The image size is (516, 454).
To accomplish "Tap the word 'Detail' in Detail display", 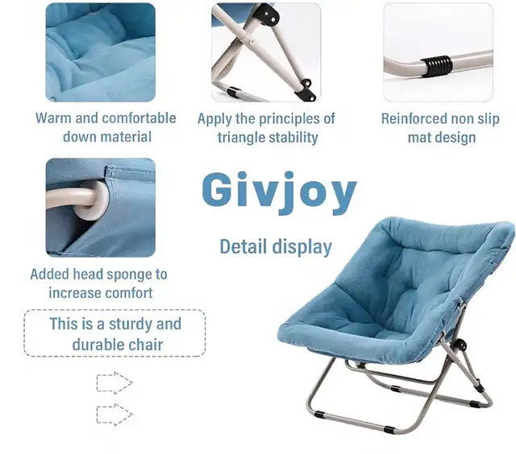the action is pyautogui.click(x=243, y=246).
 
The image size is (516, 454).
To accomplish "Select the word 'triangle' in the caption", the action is pyautogui.click(x=245, y=138).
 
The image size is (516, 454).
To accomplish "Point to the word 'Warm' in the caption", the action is pyautogui.click(x=53, y=118).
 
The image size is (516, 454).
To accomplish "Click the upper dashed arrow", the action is pyautogui.click(x=114, y=382).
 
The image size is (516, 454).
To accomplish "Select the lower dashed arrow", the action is pyautogui.click(x=114, y=415).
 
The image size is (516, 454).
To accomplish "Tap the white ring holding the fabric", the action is pyautogui.click(x=94, y=200).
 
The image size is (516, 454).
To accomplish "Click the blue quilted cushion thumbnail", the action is pyautogui.click(x=100, y=52).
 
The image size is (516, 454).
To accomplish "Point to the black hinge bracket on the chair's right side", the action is pyautogui.click(x=460, y=345).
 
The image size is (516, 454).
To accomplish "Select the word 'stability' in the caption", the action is pyautogui.click(x=298, y=138).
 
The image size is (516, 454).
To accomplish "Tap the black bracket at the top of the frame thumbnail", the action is pyautogui.click(x=268, y=14).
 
